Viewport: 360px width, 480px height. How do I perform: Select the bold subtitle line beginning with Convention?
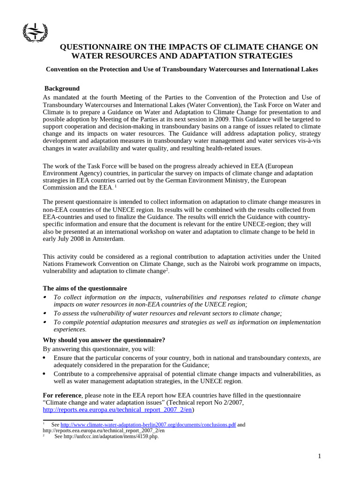181,69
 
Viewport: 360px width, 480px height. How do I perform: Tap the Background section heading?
62,89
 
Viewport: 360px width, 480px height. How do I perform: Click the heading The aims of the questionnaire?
85,288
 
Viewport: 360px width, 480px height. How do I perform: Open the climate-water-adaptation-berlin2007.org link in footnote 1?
148,425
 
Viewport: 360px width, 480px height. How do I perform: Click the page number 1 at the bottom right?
319,457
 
